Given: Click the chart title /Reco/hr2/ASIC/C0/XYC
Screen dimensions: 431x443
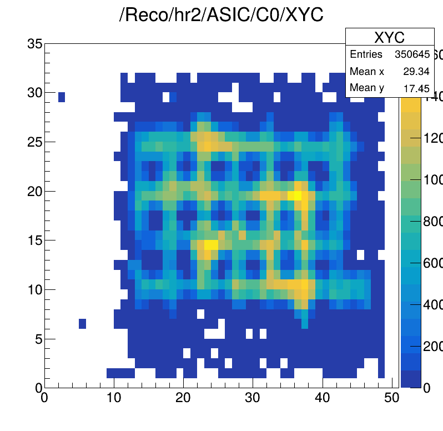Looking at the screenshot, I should tap(221, 16).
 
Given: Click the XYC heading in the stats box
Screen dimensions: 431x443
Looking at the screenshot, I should tap(389, 37).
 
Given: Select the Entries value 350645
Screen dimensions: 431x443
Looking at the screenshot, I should tap(411, 54).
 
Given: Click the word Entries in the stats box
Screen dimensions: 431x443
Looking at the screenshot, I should tap(366, 54).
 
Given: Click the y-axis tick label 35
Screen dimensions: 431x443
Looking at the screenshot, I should tap(35, 44).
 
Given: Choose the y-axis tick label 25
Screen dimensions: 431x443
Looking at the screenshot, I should tap(35, 142).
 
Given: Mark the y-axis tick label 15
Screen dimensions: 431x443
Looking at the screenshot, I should tap(35, 240).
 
